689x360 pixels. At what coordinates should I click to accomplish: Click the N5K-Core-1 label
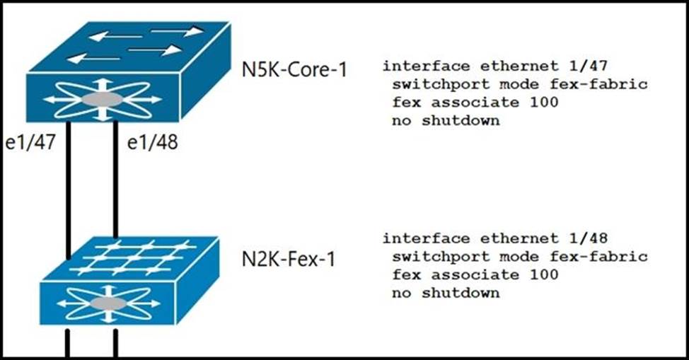pos(294,69)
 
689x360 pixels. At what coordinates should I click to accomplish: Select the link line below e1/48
pos(114,198)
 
